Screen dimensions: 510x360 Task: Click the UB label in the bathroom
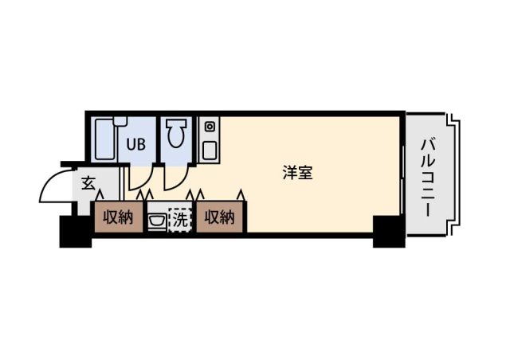(x=136, y=144)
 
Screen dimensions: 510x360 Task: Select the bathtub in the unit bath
(x=105, y=140)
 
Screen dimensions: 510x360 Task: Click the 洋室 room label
(x=297, y=173)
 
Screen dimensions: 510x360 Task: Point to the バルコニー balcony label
(x=429, y=178)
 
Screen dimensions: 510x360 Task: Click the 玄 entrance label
(x=88, y=183)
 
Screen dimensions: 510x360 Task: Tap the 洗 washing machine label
(x=180, y=220)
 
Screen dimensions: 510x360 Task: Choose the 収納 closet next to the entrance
(x=119, y=217)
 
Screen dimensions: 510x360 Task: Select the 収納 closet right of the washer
(x=220, y=217)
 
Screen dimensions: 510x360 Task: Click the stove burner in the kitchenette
(x=210, y=127)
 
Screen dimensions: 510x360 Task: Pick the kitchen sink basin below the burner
(x=210, y=151)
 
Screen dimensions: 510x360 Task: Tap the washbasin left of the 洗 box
(x=157, y=221)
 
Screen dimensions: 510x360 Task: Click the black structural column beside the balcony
(x=389, y=231)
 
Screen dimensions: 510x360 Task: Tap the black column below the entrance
(x=76, y=232)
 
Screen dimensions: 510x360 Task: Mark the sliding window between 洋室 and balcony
(x=402, y=180)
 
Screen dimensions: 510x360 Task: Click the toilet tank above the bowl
(x=176, y=124)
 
